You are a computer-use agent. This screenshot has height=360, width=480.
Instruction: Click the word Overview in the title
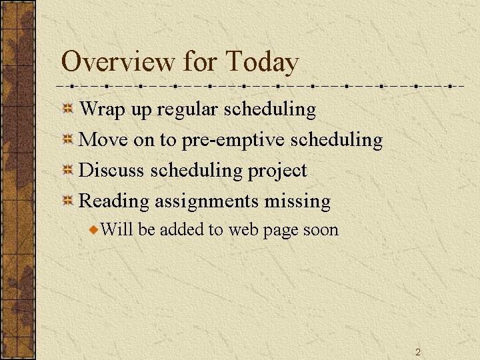[117, 61]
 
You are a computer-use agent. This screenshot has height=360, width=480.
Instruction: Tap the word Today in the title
[262, 63]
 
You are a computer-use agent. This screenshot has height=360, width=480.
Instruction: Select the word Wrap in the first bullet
[102, 110]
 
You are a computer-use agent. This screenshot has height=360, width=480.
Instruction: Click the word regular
[187, 110]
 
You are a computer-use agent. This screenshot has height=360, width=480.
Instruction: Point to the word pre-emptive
[233, 141]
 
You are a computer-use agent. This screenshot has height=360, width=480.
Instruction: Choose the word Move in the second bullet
[103, 139]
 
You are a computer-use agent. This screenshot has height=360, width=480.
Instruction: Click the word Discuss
[111, 170]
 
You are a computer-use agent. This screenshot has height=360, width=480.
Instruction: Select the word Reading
[114, 202]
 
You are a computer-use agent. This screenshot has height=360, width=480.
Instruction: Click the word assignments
[207, 202]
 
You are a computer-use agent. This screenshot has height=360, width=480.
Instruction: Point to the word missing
[297, 202]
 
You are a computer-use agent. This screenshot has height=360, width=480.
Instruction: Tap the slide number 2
[418, 352]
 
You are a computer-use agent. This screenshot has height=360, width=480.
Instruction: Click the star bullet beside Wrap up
[67, 109]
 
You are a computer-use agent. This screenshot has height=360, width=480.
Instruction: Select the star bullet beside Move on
[67, 139]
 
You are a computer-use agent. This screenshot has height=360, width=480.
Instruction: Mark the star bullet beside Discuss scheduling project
[67, 170]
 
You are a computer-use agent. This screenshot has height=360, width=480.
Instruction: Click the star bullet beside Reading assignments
[67, 201]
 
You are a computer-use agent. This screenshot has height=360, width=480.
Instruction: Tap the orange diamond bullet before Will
[94, 229]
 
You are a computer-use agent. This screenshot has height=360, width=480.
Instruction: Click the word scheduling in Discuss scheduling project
[196, 171]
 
